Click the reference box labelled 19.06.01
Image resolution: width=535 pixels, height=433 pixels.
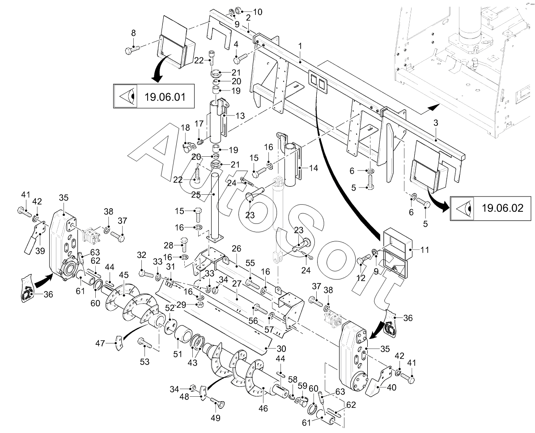click(x=153, y=96)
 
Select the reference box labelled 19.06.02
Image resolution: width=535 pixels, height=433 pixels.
click(x=491, y=208)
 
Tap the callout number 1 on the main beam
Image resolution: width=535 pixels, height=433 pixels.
click(x=300, y=46)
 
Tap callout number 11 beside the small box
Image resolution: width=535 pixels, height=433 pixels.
click(x=425, y=249)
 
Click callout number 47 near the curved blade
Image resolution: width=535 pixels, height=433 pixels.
click(x=101, y=343)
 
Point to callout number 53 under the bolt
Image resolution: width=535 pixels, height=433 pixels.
click(x=144, y=361)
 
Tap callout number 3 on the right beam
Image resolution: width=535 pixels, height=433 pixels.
click(x=436, y=123)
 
